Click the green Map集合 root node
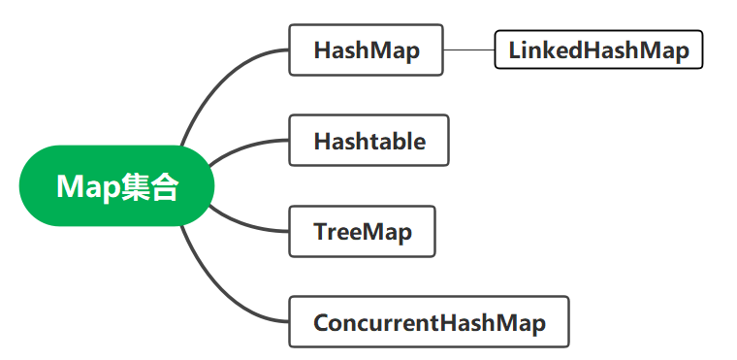tap(114, 185)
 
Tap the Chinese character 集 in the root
tap(136, 186)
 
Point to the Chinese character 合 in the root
tap(165, 186)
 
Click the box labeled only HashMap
tap(366, 49)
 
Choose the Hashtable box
tap(368, 141)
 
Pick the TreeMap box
tap(362, 232)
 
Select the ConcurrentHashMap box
tap(429, 322)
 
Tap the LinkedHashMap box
tap(598, 49)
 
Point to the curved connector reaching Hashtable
tap(242, 147)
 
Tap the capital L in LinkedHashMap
tap(514, 49)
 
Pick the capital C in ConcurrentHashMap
tap(321, 322)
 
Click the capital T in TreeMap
tap(320, 232)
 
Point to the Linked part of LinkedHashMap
tap(543, 49)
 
